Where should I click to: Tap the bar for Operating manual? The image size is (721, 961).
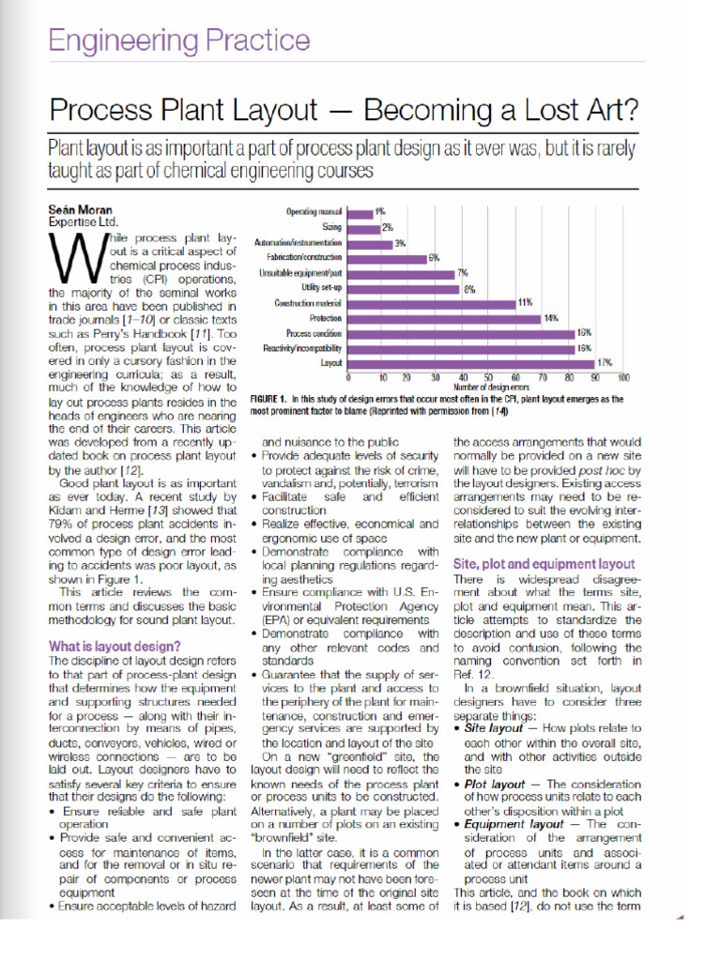(x=359, y=213)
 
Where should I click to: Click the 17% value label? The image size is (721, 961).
(x=606, y=362)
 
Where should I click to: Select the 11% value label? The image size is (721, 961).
(x=525, y=302)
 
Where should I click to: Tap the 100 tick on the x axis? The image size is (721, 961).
(x=623, y=377)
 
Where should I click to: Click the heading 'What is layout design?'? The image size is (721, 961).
(x=115, y=646)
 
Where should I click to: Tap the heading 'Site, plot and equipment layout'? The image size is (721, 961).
(x=544, y=564)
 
